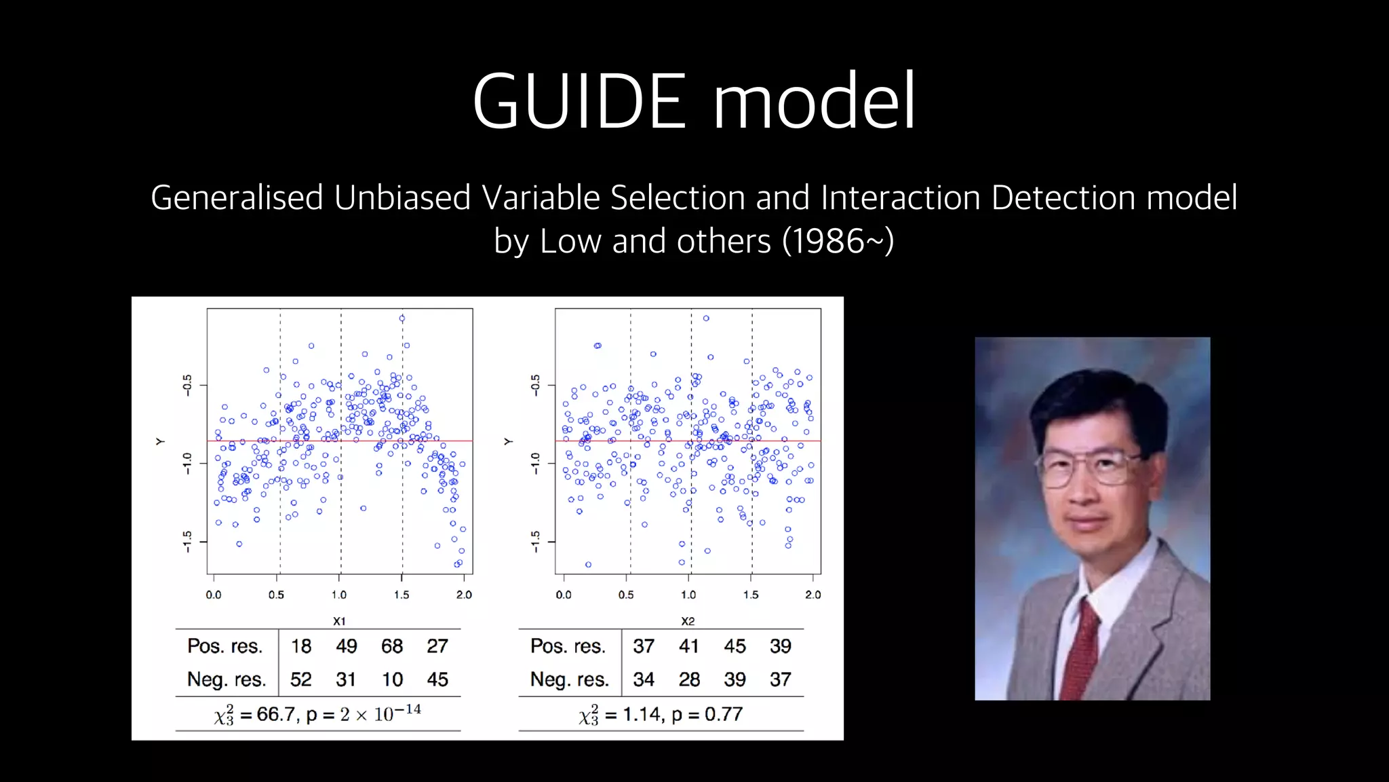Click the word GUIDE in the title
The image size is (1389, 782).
(581, 102)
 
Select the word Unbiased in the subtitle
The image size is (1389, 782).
(402, 198)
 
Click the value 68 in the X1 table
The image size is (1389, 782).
(392, 646)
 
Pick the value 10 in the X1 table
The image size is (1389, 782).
(392, 679)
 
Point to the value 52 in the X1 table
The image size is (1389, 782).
(301, 679)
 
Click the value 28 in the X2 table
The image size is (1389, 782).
(689, 679)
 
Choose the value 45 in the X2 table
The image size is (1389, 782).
(735, 646)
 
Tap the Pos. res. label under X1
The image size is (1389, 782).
(225, 646)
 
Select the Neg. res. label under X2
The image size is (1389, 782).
(569, 679)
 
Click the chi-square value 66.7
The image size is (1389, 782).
(275, 714)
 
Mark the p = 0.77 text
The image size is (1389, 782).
(707, 714)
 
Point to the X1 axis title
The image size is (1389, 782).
(339, 621)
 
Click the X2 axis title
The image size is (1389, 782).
(688, 621)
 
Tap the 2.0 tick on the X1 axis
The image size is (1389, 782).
(464, 595)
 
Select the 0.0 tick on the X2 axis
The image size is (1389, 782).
(564, 595)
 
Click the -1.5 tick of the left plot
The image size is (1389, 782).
(187, 541)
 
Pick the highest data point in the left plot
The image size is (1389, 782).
(402, 318)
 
